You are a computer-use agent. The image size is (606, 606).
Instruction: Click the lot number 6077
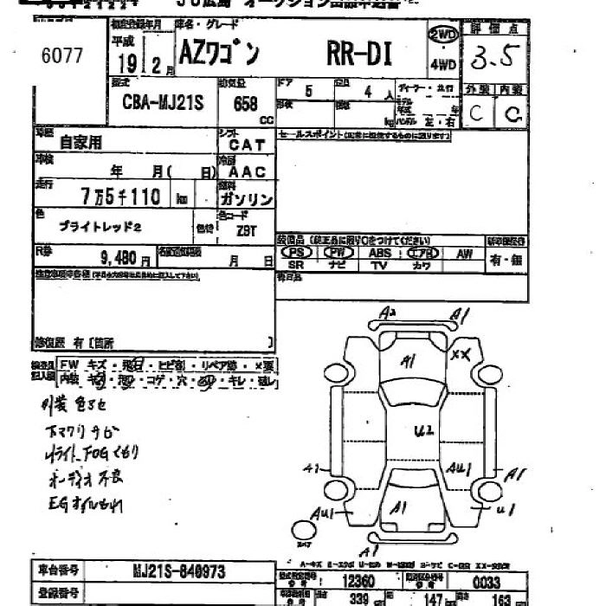click(61, 55)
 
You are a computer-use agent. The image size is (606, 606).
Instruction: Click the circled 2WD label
click(442, 35)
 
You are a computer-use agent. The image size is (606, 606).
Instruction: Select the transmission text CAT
click(247, 145)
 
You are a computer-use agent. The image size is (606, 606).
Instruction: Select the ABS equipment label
click(380, 253)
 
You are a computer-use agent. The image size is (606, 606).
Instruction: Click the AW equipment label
click(464, 253)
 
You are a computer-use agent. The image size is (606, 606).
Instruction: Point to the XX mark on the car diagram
click(461, 355)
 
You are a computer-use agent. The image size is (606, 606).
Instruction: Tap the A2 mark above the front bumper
click(387, 312)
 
